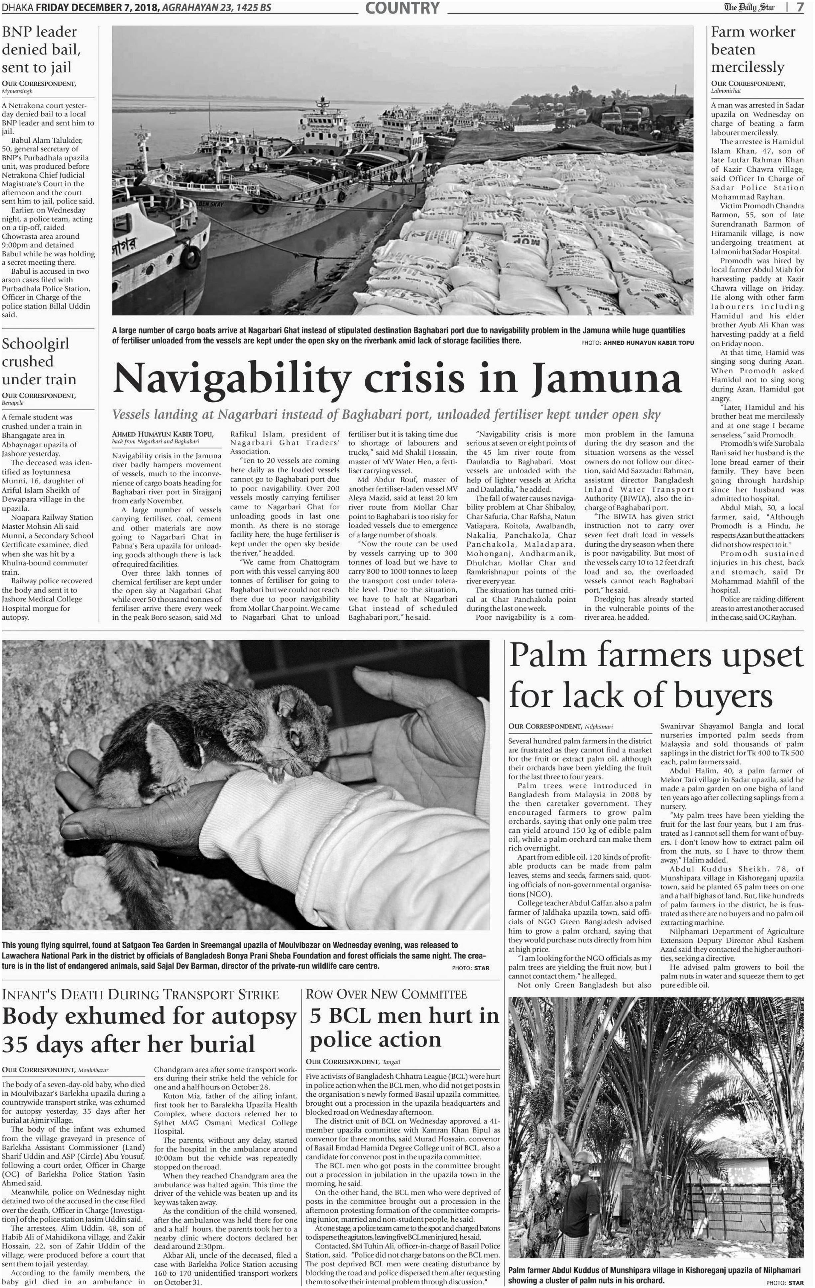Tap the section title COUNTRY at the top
click(403, 8)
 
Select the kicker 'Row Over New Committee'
click(386, 994)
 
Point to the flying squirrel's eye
click(295, 738)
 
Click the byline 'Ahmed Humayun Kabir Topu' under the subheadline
click(163, 434)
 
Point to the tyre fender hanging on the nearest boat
click(190, 258)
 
